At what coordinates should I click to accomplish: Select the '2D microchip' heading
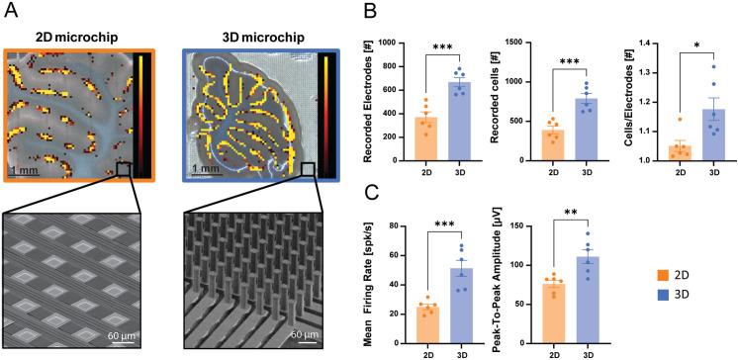coord(76,37)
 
